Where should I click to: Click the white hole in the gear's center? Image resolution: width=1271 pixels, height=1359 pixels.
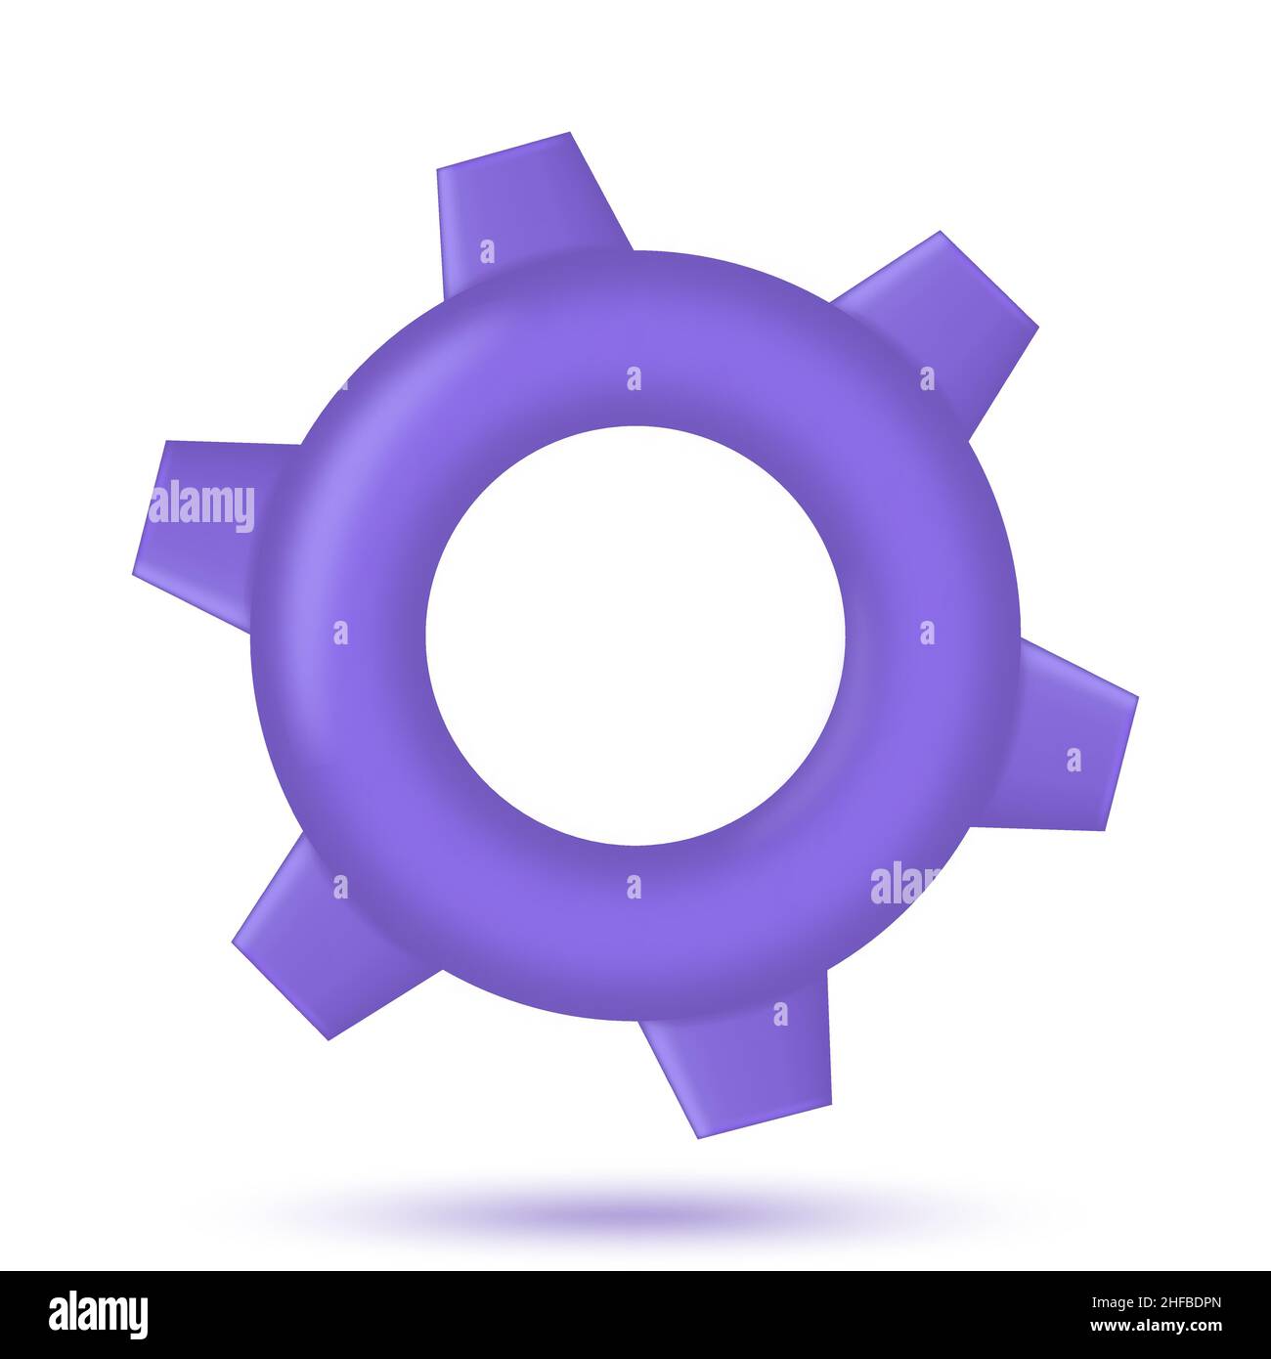pyautogui.click(x=635, y=636)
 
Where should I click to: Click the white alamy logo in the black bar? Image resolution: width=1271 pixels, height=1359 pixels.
pyautogui.click(x=99, y=1314)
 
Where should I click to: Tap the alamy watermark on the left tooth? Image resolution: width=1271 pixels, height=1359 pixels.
pyautogui.click(x=203, y=506)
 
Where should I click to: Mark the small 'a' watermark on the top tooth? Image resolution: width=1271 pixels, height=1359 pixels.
pyautogui.click(x=487, y=252)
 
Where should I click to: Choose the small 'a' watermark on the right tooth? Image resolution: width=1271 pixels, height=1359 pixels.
pyautogui.click(x=1074, y=760)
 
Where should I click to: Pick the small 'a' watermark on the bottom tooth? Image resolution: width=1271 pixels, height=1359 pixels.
pyautogui.click(x=780, y=1014)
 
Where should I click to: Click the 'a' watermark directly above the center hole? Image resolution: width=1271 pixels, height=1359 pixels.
pyautogui.click(x=634, y=378)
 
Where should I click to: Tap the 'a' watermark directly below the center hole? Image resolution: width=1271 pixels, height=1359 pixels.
pyautogui.click(x=634, y=887)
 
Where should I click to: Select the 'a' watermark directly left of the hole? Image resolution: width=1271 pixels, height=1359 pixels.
pyautogui.click(x=340, y=633)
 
